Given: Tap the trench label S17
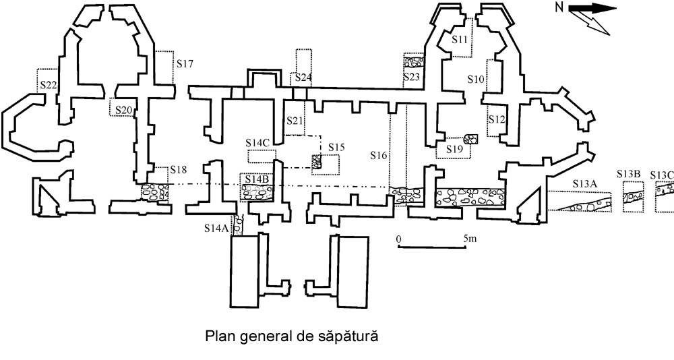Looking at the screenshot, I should pos(185,65).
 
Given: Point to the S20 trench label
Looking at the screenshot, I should pos(123,110).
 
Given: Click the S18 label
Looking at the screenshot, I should pos(179,169).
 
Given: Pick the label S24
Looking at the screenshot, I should pos(303,78).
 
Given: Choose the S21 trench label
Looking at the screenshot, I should pos(295,121).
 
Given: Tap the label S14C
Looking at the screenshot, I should pos(258,143).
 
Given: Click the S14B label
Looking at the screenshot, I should pos(257,179).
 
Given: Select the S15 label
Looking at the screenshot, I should pos(336,147).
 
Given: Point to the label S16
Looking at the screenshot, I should pos(379,156).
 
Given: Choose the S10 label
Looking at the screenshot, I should pos(477,80).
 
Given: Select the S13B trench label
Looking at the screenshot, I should pos(628,175).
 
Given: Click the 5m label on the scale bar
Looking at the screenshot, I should pos(470,239).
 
